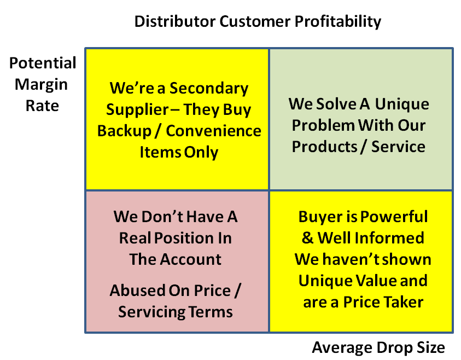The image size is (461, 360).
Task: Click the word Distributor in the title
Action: [175, 21]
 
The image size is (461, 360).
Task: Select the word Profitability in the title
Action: [338, 22]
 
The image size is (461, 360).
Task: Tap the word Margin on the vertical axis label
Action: [41, 85]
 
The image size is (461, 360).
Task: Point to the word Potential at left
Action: [43, 63]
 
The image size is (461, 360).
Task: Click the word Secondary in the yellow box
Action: [209, 89]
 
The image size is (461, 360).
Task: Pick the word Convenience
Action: [213, 131]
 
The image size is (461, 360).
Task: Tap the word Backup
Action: [124, 131]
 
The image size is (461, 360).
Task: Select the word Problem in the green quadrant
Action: [323, 125]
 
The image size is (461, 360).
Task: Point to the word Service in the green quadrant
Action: [398, 147]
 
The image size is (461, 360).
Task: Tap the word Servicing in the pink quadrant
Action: [151, 312]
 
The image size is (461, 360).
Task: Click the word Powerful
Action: [394, 217]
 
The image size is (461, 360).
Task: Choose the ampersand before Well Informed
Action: [307, 237]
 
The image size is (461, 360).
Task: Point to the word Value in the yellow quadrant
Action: [377, 281]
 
